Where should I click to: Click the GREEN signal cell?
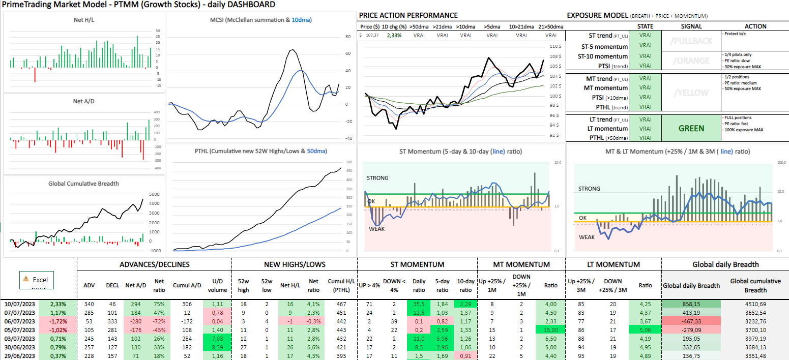coord(690,128)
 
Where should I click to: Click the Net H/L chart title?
coord(83,19)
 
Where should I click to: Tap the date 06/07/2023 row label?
coord(20,322)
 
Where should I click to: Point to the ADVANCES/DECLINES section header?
coord(154,264)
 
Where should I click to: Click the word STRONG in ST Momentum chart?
coord(377,178)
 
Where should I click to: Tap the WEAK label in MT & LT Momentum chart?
coord(587,237)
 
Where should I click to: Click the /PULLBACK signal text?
coord(690,41)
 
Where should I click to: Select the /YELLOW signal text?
coord(690,93)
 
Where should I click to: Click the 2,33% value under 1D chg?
coord(394,35)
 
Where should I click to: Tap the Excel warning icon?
coord(25,279)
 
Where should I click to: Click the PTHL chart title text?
coord(261,151)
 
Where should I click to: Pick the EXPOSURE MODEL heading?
coord(597,16)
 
